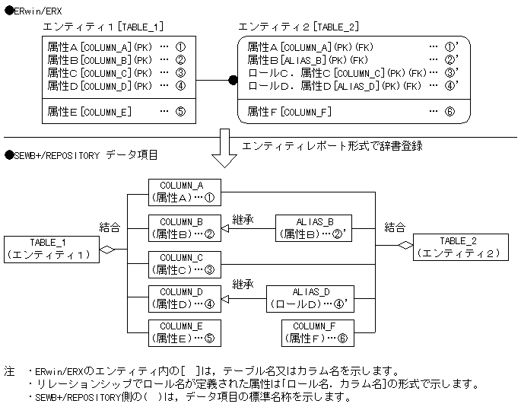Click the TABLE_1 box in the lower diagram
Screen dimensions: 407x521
[52, 248]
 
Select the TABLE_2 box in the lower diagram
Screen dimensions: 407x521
[458, 246]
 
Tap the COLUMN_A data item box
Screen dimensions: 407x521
[185, 192]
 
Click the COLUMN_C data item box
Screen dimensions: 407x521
[185, 263]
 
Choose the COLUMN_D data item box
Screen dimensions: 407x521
[185, 298]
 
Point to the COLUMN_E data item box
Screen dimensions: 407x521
[185, 332]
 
